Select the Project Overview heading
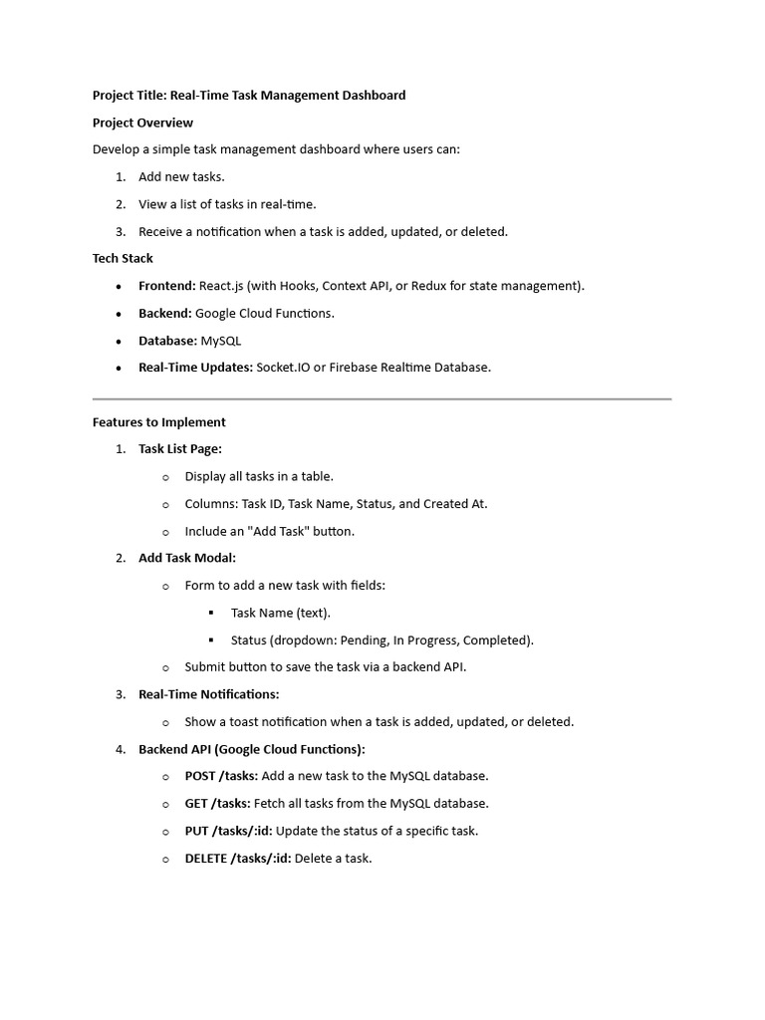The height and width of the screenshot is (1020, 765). (x=142, y=123)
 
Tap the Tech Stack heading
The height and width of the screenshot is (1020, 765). (x=123, y=258)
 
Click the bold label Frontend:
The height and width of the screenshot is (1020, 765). (x=167, y=286)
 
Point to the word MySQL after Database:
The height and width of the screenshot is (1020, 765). (x=221, y=341)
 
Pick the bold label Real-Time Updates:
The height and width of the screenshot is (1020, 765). (x=195, y=368)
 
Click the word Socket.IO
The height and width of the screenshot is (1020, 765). (x=284, y=368)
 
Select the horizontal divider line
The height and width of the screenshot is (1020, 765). (x=382, y=399)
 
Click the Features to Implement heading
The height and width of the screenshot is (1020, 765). (x=159, y=422)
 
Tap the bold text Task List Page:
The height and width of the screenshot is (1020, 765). (x=180, y=449)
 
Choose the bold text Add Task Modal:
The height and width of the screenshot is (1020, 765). (x=187, y=558)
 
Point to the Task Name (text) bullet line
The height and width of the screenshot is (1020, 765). (x=280, y=613)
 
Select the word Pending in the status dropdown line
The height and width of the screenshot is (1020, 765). (x=363, y=640)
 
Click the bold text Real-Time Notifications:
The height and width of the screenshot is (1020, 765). (x=208, y=694)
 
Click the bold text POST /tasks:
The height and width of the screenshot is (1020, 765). (x=221, y=776)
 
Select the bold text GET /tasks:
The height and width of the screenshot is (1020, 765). (x=217, y=804)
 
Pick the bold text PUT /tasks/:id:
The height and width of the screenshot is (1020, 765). (x=228, y=831)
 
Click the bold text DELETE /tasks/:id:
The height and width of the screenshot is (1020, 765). (x=238, y=859)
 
